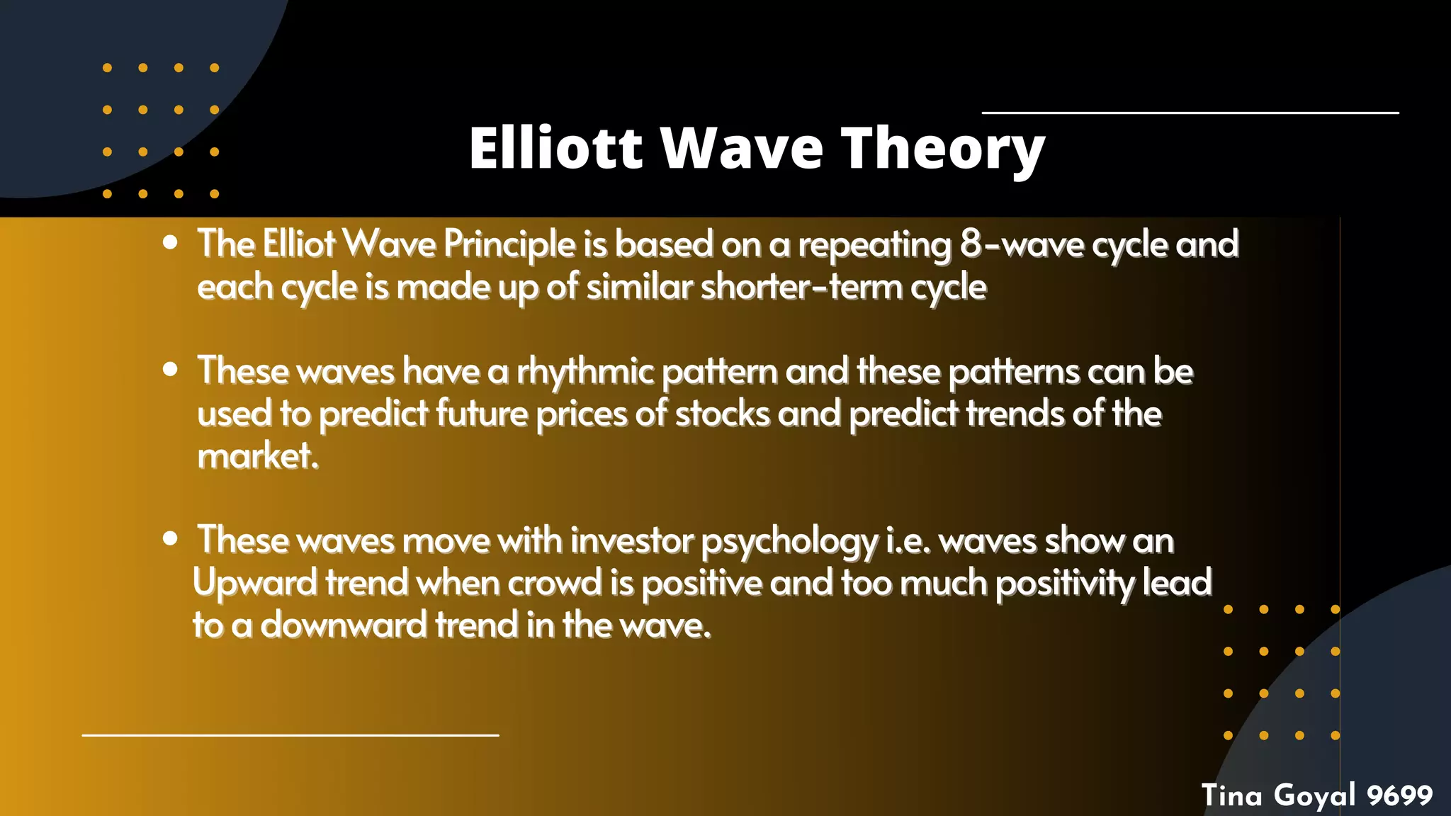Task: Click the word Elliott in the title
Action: pos(555,148)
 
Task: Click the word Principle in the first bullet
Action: pos(509,244)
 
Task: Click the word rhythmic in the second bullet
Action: pos(585,372)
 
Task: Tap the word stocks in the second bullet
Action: pos(722,414)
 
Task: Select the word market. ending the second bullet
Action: pos(258,456)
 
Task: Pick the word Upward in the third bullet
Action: pos(255,584)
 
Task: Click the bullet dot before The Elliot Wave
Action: pos(170,242)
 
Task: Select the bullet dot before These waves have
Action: pos(170,369)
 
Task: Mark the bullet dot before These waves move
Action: pos(170,538)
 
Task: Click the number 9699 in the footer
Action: pos(1399,795)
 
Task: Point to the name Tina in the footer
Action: pos(1231,795)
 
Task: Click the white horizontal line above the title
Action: pos(1190,113)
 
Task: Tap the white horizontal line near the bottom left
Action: pos(290,735)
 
